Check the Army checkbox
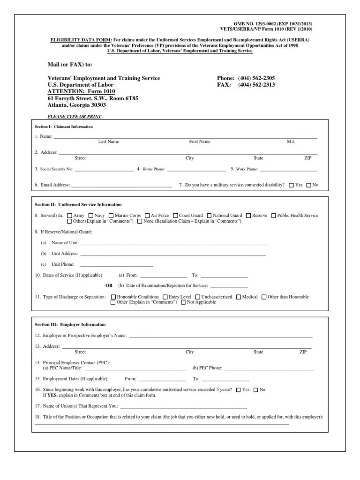[70, 216]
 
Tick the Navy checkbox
[90, 216]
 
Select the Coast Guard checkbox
[175, 216]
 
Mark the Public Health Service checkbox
[274, 216]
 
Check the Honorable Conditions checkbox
[113, 297]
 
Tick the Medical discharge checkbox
[239, 297]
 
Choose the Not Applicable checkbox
[183, 303]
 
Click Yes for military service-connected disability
[292, 185]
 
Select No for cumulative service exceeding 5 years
[255, 390]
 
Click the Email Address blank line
[121, 185]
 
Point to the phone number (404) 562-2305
[256, 78]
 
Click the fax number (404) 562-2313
[256, 85]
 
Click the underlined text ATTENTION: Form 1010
[81, 91]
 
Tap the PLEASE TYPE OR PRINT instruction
[75, 116]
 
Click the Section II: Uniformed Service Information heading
[78, 205]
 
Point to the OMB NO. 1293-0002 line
[272, 23]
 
